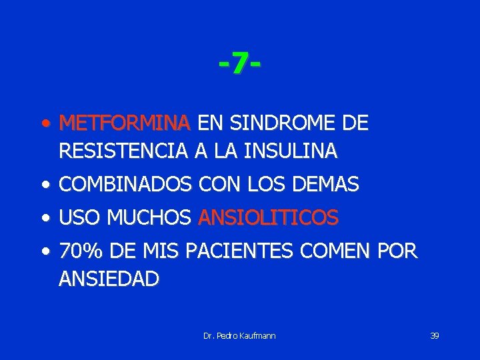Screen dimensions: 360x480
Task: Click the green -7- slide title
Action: [x=239, y=65]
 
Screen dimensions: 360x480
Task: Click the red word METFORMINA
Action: [x=125, y=123]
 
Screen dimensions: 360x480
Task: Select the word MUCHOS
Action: [x=150, y=217]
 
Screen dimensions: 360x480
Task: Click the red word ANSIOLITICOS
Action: [x=269, y=217]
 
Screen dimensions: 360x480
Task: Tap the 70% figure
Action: [x=80, y=251]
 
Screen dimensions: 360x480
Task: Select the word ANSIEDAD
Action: [x=109, y=279]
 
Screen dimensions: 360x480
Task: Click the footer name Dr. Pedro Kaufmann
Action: [x=239, y=335]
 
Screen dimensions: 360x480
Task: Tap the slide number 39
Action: [x=434, y=335]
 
